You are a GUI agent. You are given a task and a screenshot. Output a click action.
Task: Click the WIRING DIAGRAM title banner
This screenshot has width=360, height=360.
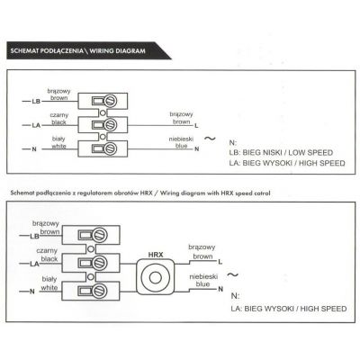click(x=88, y=50)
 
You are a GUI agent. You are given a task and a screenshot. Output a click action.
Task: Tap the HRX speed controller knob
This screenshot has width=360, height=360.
click(x=155, y=277)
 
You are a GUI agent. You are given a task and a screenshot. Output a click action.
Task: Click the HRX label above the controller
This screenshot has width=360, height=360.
click(x=156, y=255)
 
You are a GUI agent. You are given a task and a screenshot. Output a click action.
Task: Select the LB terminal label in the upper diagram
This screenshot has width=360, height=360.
click(x=36, y=102)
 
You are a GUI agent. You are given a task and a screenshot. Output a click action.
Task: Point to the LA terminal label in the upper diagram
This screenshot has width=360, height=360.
click(x=36, y=125)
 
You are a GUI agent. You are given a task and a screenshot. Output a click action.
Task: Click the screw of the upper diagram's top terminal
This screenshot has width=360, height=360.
click(x=110, y=101)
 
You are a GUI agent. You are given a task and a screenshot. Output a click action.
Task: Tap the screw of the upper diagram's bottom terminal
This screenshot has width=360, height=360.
click(x=110, y=148)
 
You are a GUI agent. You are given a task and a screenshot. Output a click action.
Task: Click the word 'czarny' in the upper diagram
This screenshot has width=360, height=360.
click(x=59, y=115)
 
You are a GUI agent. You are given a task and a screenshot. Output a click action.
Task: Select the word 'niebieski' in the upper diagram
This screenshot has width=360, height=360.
click(x=181, y=139)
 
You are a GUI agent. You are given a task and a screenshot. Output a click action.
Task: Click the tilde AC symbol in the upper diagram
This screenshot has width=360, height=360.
click(x=210, y=139)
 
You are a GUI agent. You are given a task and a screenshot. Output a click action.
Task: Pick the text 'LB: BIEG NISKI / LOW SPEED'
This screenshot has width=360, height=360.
click(x=281, y=152)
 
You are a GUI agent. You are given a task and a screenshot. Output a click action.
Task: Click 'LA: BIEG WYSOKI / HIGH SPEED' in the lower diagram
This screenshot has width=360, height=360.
click(x=289, y=309)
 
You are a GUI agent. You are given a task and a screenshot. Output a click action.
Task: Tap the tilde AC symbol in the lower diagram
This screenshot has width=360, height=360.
click(x=232, y=274)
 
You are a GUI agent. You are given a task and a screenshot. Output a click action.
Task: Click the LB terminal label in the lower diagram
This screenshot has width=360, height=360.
click(x=34, y=236)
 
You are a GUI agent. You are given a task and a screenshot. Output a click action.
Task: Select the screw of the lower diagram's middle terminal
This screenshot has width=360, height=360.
click(x=99, y=263)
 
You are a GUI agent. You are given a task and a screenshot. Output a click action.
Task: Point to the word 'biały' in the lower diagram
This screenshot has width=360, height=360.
click(x=49, y=279)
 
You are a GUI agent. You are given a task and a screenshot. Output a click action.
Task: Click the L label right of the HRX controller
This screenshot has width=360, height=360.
click(x=220, y=262)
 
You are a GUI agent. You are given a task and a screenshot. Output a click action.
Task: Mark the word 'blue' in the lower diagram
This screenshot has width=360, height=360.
click(x=202, y=284)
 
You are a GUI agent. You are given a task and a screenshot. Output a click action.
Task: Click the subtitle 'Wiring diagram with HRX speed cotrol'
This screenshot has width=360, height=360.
click(x=215, y=193)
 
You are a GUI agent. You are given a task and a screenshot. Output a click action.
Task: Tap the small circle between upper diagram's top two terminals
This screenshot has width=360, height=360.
click(x=103, y=112)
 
